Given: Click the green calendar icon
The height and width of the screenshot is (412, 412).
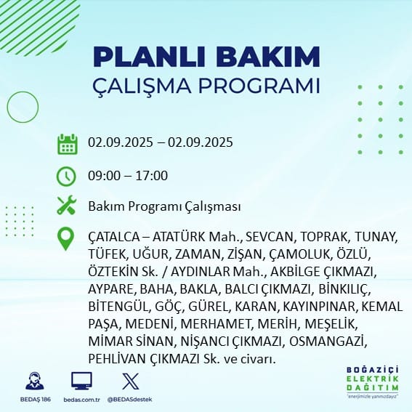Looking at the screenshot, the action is click(x=68, y=144).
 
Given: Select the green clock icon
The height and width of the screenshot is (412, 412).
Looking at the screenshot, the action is click(x=66, y=177).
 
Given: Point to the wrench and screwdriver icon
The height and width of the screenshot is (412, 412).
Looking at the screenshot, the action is click(x=67, y=206).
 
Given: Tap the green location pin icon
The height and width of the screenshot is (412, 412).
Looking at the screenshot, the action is click(x=65, y=238).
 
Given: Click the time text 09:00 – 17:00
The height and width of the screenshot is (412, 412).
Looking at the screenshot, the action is click(x=128, y=176).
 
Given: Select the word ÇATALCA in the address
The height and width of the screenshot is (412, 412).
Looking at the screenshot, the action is click(x=114, y=238).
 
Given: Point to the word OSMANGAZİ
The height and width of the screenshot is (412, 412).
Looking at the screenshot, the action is click(x=328, y=342).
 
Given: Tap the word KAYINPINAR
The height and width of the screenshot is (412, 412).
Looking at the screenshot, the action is click(x=319, y=307).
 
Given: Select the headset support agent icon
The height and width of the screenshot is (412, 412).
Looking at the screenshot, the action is click(x=35, y=381).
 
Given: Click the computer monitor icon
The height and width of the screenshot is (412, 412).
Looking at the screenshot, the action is click(x=81, y=381).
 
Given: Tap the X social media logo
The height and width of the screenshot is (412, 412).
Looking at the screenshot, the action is click(x=131, y=381).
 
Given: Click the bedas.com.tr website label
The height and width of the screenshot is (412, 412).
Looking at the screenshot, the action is click(x=81, y=400).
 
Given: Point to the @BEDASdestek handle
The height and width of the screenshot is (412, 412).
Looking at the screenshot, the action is click(x=130, y=400).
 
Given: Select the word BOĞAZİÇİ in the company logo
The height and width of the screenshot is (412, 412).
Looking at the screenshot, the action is click(x=372, y=371).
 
